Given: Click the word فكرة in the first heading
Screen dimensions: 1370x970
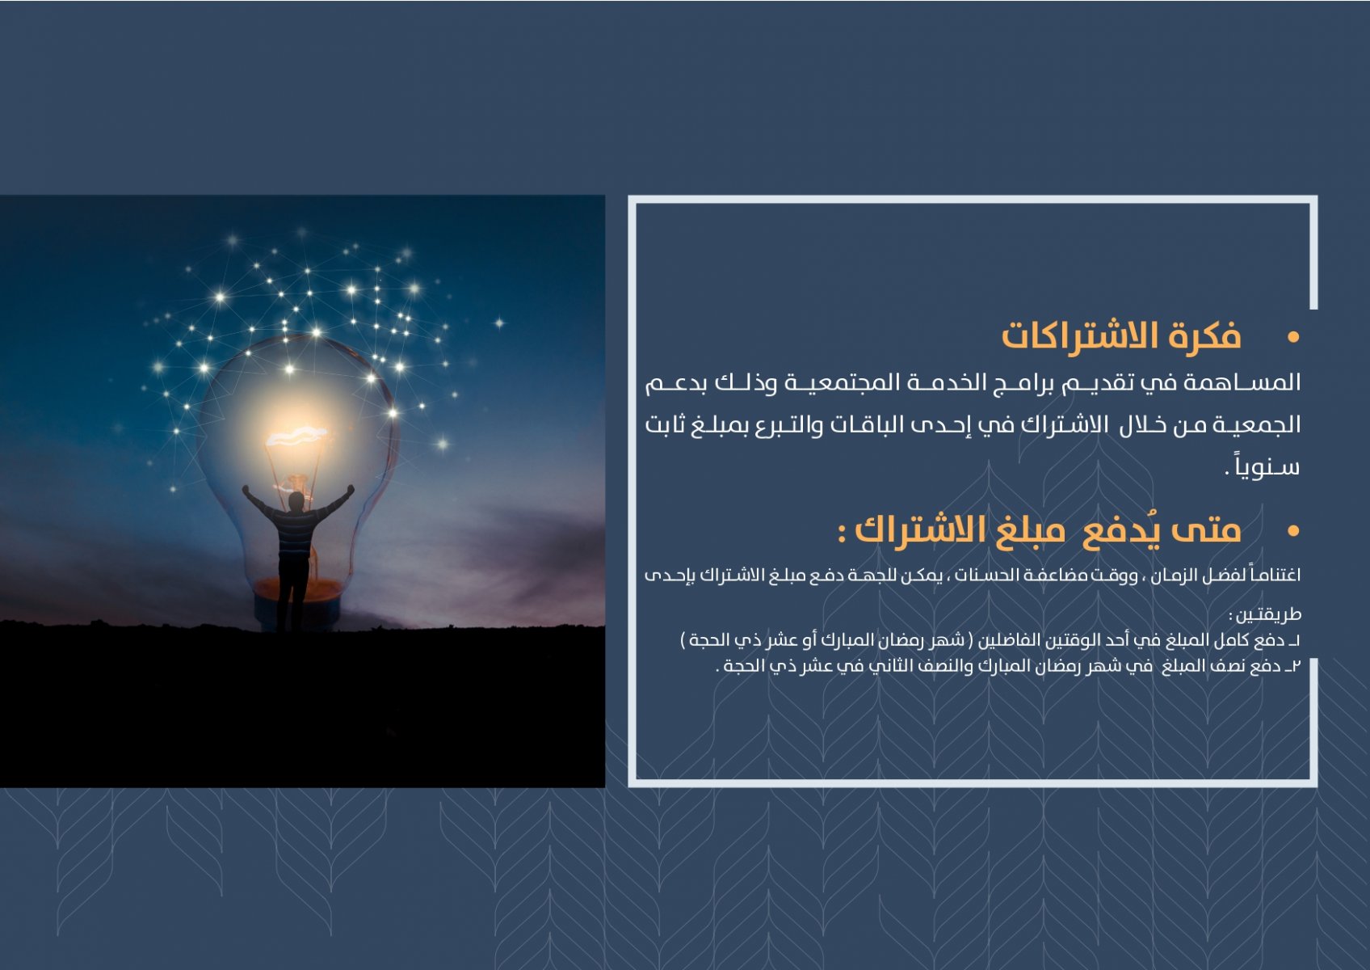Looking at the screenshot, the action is click(x=1204, y=335).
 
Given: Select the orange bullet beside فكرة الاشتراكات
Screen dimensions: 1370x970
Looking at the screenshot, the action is click(x=1293, y=337).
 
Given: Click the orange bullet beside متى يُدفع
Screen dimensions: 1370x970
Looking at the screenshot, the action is click(x=1293, y=530).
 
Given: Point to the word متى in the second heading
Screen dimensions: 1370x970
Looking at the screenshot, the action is click(x=1206, y=530).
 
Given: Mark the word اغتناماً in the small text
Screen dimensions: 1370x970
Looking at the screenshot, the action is click(x=1275, y=575).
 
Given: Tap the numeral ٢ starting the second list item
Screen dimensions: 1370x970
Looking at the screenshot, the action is click(x=1296, y=665).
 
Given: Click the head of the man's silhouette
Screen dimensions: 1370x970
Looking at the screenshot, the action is click(x=296, y=500).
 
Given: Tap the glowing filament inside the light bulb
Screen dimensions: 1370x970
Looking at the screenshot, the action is click(x=296, y=436).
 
